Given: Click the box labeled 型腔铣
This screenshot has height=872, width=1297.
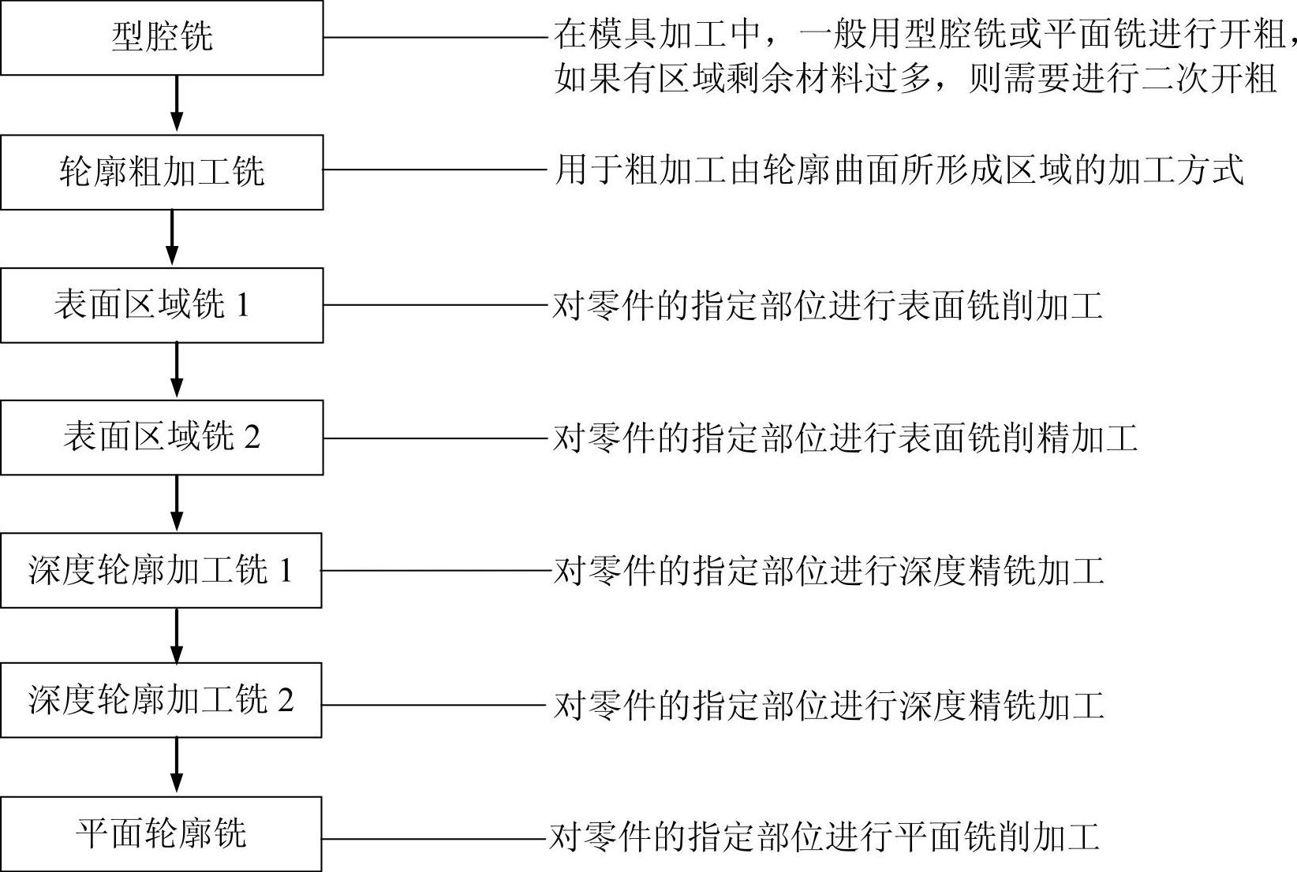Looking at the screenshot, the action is point(162,38).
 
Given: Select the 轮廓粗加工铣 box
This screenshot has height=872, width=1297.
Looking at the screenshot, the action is point(162,172).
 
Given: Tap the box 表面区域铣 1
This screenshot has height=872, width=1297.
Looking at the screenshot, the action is point(162,305).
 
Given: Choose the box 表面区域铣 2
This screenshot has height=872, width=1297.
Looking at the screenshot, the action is point(162,438).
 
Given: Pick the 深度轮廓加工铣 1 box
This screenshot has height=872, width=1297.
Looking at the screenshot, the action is point(161,570).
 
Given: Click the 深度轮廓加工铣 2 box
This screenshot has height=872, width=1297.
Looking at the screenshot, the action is point(161,700).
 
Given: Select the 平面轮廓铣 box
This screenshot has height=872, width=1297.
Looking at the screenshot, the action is point(161,833).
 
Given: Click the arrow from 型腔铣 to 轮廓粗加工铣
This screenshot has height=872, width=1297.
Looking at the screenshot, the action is point(177,104).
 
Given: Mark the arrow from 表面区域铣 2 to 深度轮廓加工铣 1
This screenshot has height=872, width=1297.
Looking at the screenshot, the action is point(177,503).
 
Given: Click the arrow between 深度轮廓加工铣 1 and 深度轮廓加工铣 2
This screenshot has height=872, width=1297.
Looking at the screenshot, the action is point(177,635).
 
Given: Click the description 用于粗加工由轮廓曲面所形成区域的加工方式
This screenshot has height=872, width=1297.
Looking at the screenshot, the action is point(899,170).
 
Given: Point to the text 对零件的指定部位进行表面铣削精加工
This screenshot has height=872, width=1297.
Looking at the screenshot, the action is point(844,438).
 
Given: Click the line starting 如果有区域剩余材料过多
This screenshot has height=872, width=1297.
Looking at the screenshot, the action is point(915,79).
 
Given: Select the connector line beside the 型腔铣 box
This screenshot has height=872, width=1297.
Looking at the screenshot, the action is point(435,37).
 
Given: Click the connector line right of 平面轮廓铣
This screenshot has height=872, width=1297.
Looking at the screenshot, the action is point(434,839).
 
